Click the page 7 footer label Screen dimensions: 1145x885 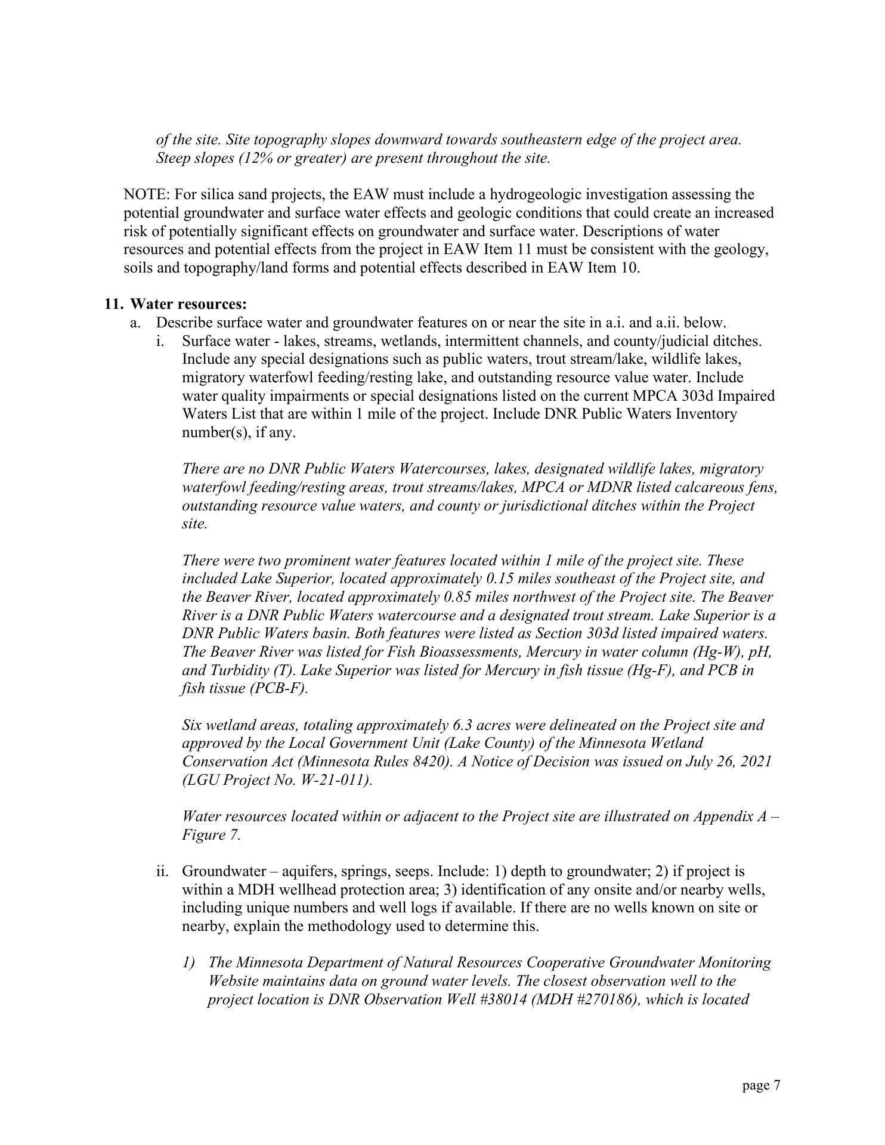(761, 1085)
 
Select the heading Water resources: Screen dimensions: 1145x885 (188, 304)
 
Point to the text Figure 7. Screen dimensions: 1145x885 (211, 834)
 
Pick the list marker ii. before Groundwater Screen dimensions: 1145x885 (162, 871)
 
